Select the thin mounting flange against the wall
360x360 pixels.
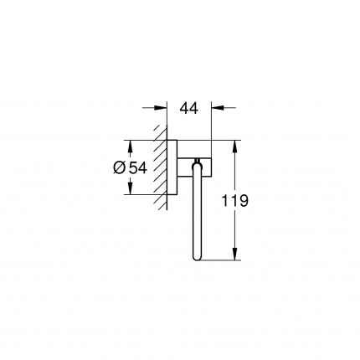click(171, 166)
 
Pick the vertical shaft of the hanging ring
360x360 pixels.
click(198, 213)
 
